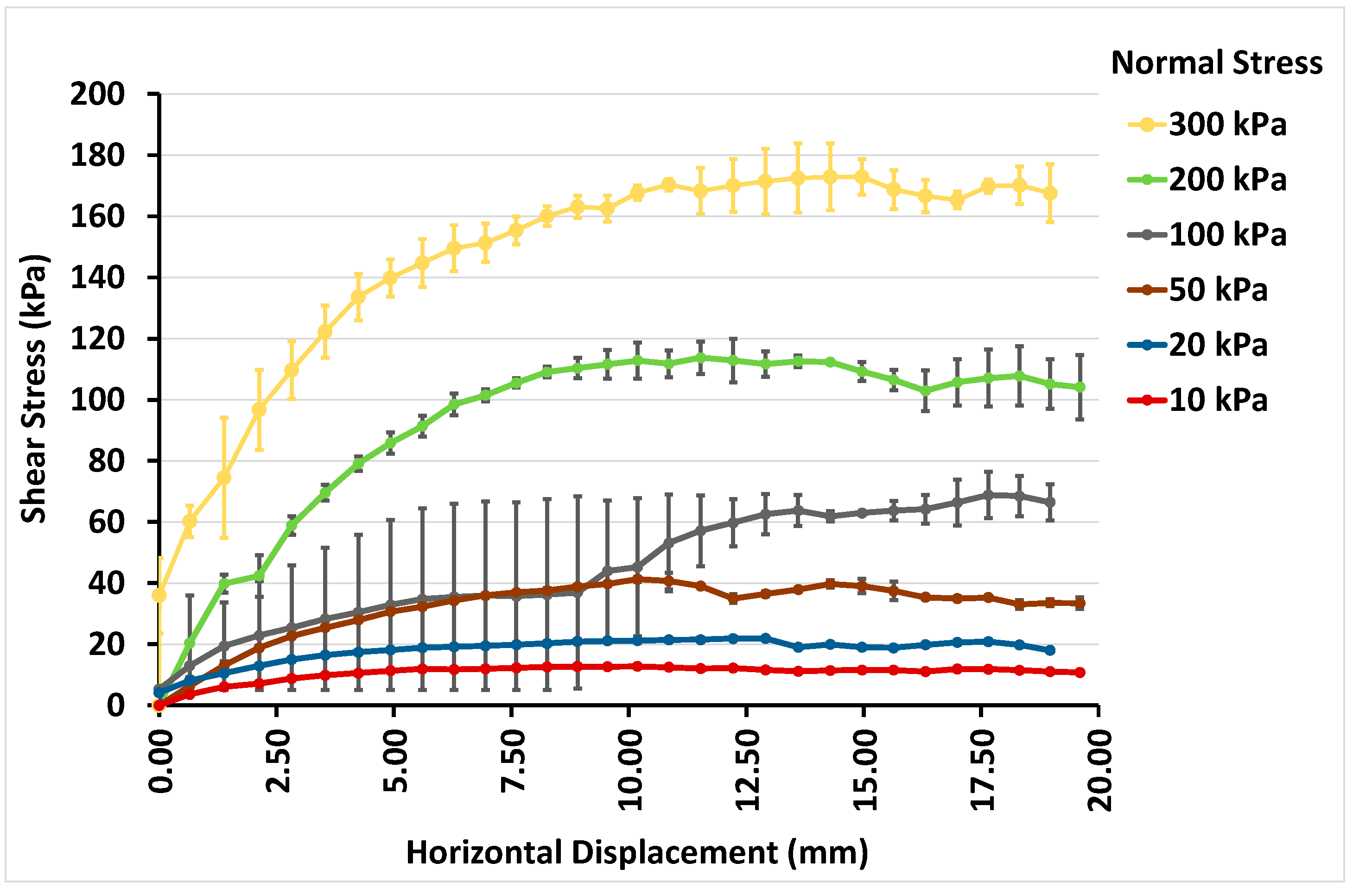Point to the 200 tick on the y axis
(96, 94)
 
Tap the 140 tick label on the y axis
(96, 278)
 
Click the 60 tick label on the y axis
(106, 522)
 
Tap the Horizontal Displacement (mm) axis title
(637, 852)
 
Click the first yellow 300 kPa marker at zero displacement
(159, 595)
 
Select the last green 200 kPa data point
(1080, 387)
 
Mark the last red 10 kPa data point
(1080, 672)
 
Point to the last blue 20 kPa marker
(1050, 650)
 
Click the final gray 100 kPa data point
(1050, 502)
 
